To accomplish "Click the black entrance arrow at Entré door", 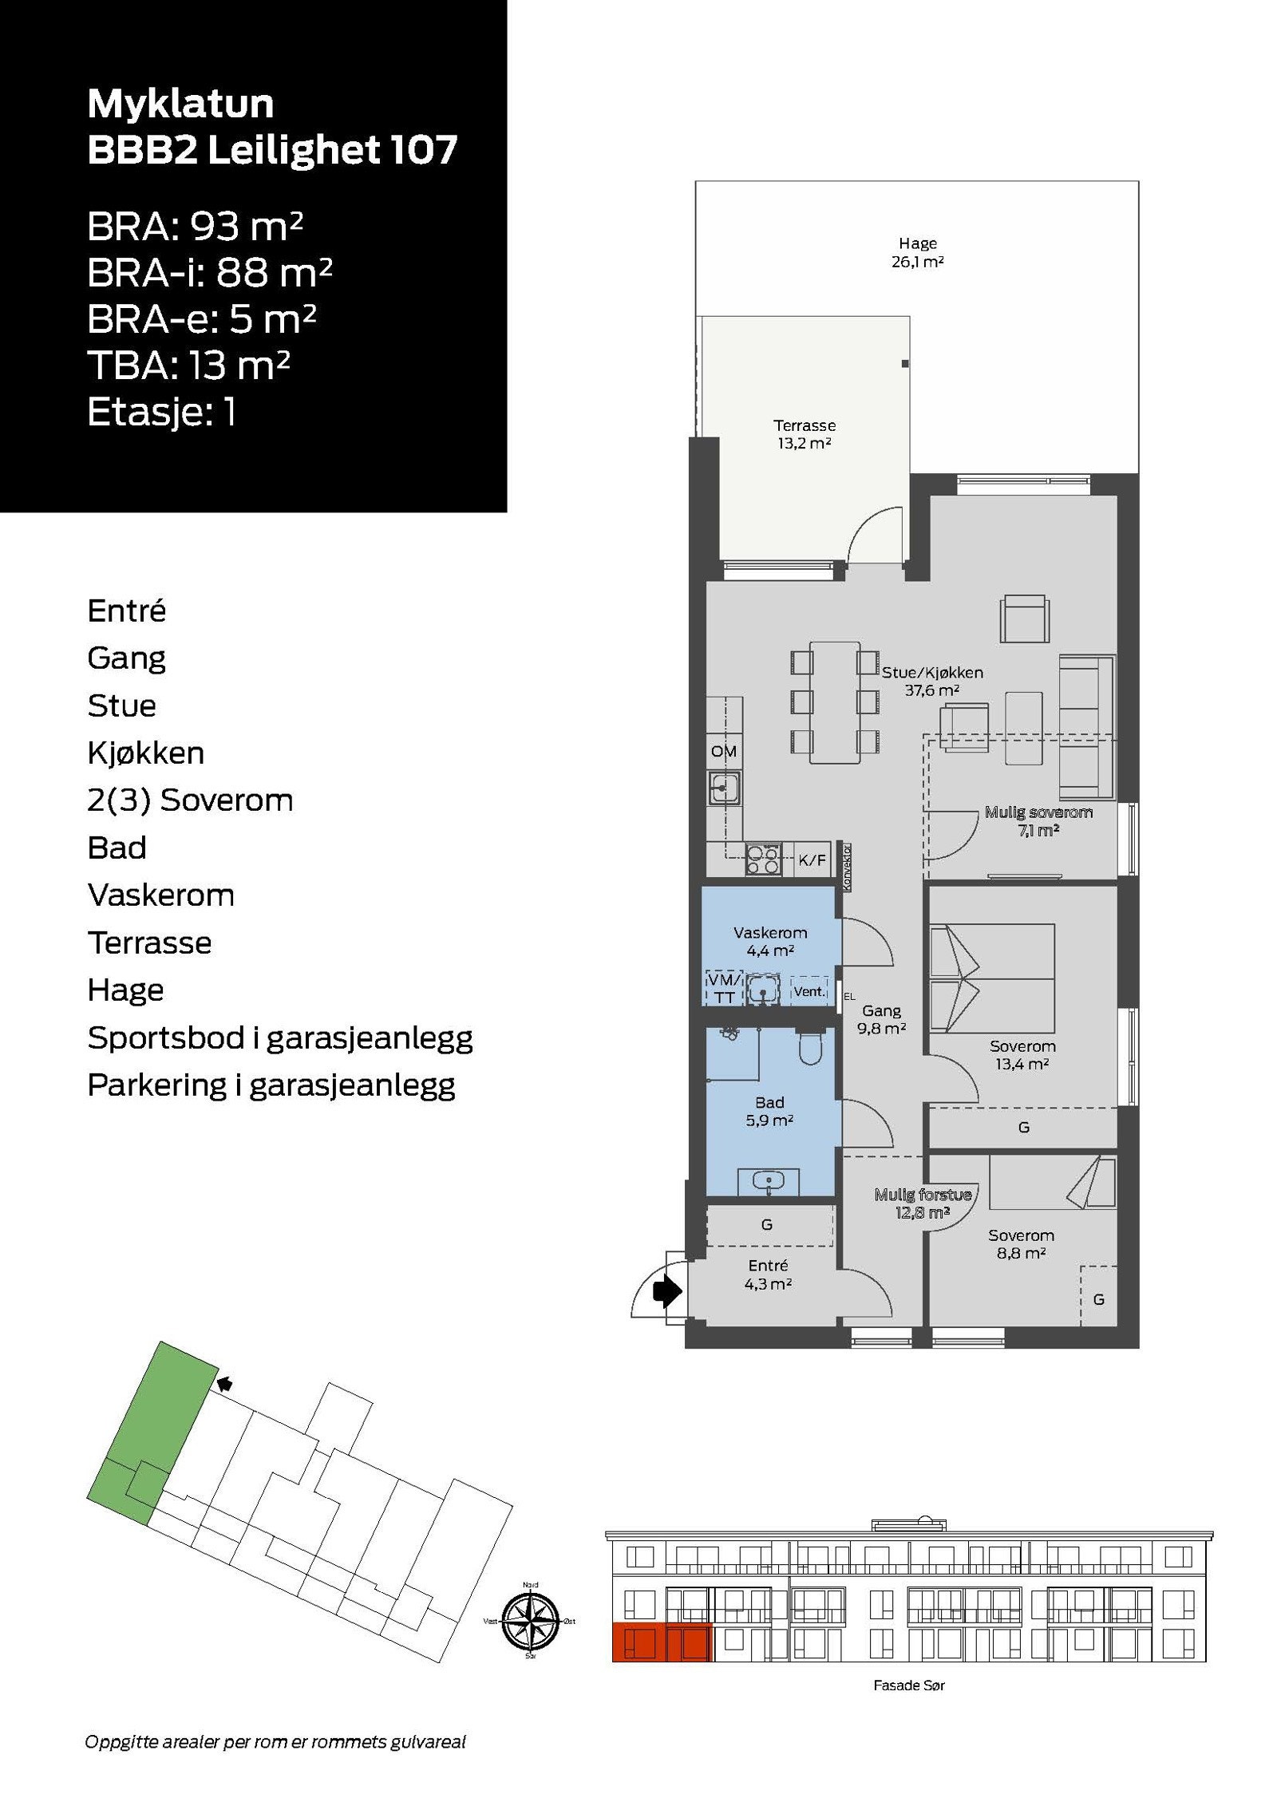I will [x=666, y=1290].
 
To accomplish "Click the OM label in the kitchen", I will [x=724, y=751].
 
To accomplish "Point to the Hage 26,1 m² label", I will [x=917, y=252].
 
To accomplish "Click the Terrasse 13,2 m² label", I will [x=805, y=434].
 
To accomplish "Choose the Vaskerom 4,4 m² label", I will [x=770, y=941].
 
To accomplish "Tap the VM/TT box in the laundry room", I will [x=724, y=989].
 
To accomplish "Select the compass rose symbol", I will [x=531, y=1621].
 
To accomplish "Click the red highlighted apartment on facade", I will [x=661, y=1642].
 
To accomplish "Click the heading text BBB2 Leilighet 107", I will [x=272, y=149].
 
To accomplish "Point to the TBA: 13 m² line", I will [x=188, y=366].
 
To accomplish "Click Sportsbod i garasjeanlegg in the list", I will [x=280, y=1037].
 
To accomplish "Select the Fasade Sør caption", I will [x=909, y=1685].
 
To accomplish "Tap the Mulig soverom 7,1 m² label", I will [x=1038, y=820].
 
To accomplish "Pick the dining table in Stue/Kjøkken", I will [x=835, y=702].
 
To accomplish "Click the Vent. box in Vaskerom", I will [x=809, y=991].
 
